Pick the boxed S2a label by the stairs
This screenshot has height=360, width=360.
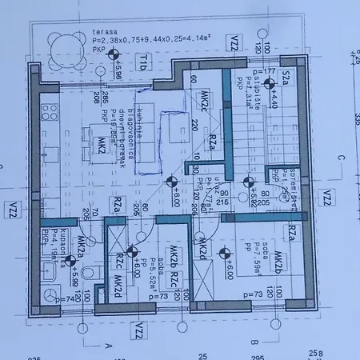click(286, 77)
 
